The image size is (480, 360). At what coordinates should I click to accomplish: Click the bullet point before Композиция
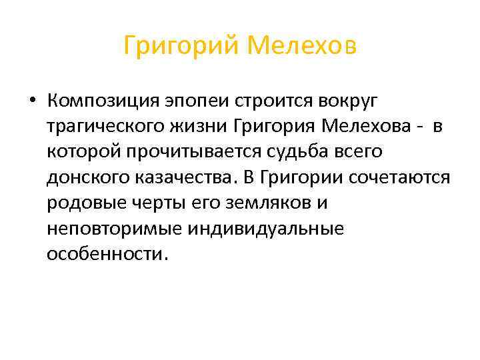32,101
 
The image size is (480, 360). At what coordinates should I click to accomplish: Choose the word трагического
109,127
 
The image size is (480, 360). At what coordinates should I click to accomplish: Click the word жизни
209,127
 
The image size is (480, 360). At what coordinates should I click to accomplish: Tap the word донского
81,177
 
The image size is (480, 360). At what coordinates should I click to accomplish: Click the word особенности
103,254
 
